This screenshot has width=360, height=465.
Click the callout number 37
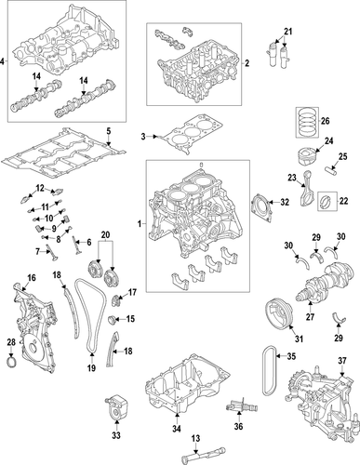[340, 360]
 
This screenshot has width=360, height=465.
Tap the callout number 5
[108, 130]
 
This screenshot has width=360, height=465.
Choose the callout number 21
[287, 33]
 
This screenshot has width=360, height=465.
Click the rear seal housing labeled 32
[263, 203]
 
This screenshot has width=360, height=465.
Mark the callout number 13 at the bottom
[196, 440]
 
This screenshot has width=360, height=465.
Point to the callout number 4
[4, 62]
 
